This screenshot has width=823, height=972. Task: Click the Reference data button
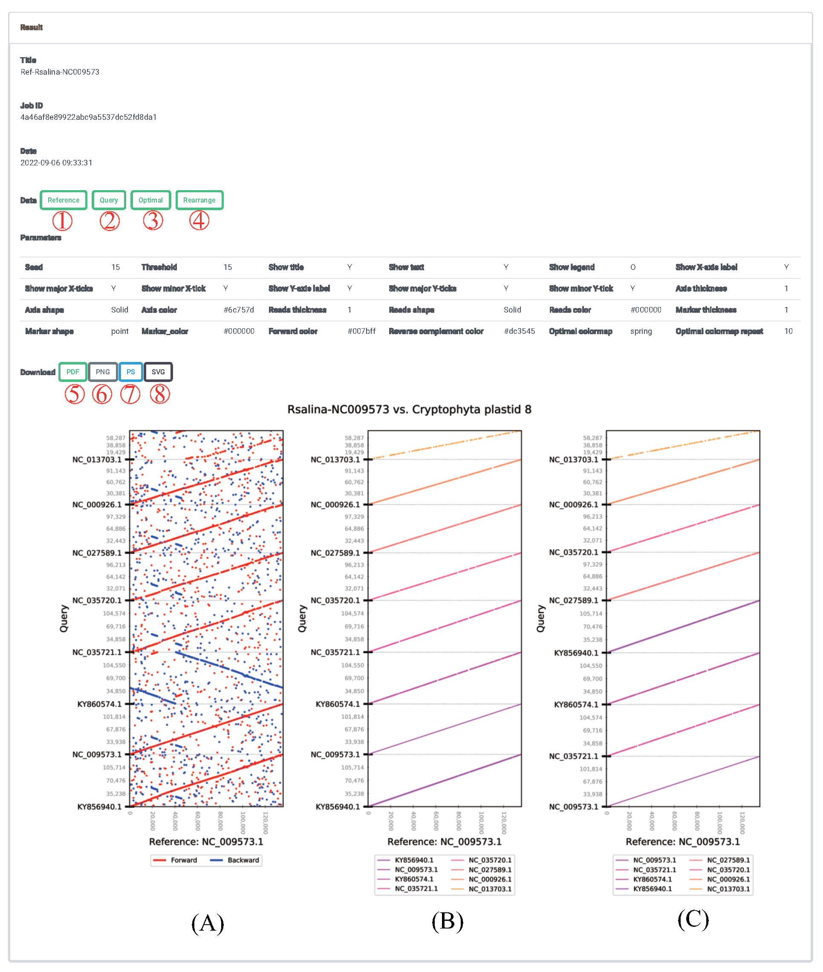[64, 200]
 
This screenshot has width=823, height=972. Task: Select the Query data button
[109, 200]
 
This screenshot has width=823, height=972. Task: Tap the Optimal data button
[151, 200]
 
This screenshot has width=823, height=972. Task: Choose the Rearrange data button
[199, 200]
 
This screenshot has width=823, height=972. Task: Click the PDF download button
[73, 372]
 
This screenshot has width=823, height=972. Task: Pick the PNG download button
[103, 372]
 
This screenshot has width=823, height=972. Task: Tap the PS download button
[131, 372]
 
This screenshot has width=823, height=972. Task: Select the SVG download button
[158, 372]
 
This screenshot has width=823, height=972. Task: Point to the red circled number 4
[199, 221]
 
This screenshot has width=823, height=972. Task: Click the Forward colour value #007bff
[361, 331]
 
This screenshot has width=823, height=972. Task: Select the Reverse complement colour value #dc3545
[519, 331]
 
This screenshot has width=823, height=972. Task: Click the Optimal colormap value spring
[641, 331]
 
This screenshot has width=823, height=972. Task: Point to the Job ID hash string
[89, 117]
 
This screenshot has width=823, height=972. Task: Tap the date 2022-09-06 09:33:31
[56, 163]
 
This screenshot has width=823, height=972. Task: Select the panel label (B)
[448, 921]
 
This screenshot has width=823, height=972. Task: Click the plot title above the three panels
[409, 409]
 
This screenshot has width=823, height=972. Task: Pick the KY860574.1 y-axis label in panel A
[99, 704]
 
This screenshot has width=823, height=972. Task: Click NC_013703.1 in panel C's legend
[728, 889]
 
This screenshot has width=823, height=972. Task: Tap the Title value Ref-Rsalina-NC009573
[60, 72]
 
